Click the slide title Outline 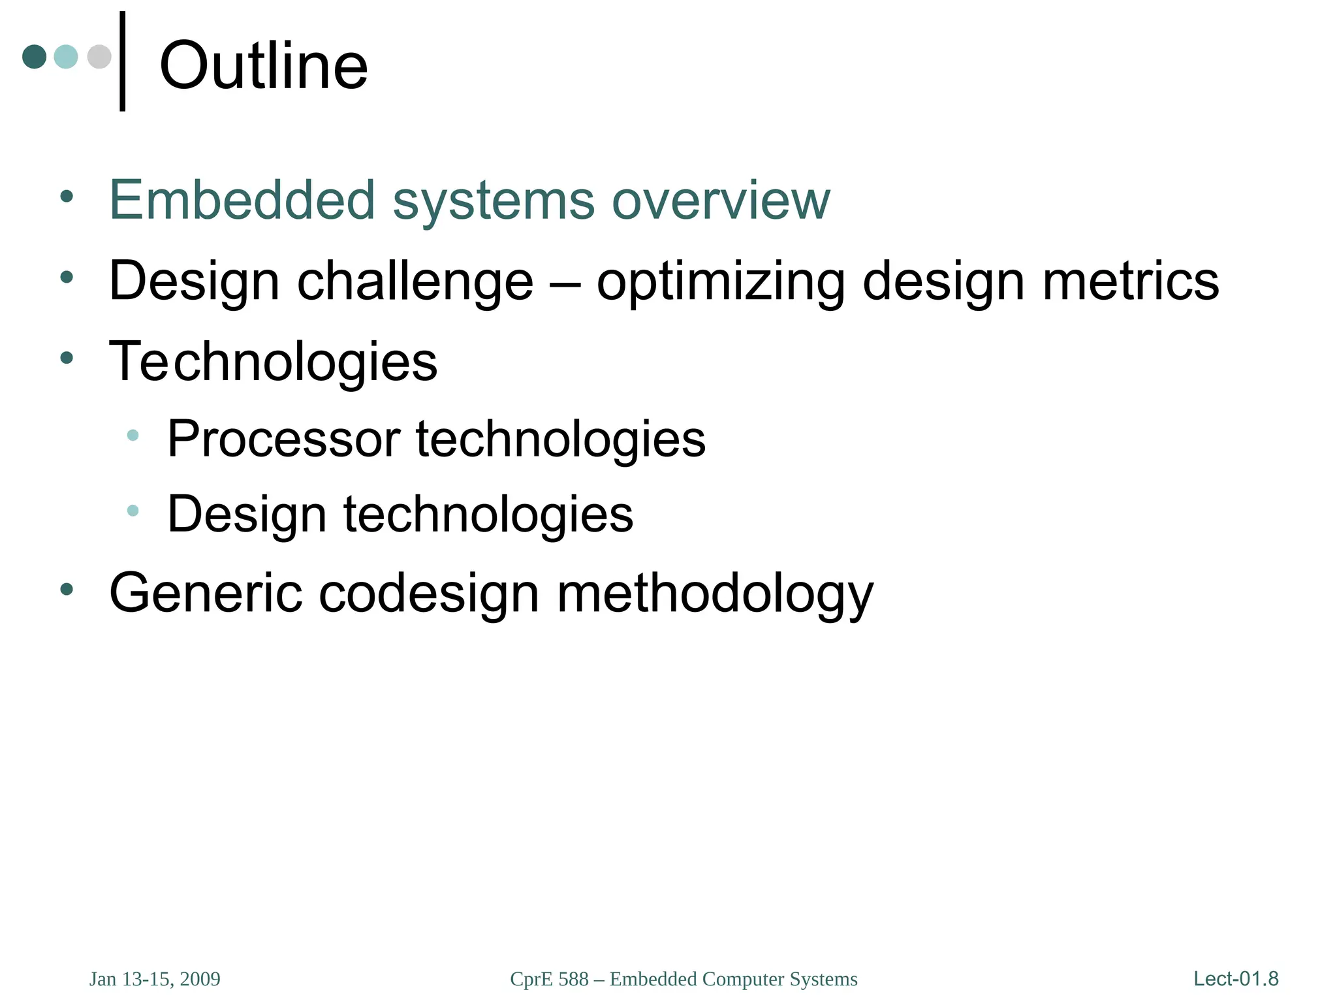click(x=264, y=66)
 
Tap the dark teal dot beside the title click(x=35, y=57)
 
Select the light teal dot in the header click(x=66, y=57)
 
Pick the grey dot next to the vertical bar click(x=99, y=57)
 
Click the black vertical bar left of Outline click(x=123, y=61)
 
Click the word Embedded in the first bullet click(x=242, y=200)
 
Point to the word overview click(x=721, y=200)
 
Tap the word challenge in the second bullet click(x=415, y=281)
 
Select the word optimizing click(x=721, y=281)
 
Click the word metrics click(x=1131, y=281)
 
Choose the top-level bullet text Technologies click(x=273, y=362)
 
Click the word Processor click(x=283, y=439)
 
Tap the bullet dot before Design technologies click(x=133, y=511)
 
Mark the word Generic click(x=206, y=593)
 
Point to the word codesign click(x=429, y=593)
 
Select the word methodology click(x=715, y=593)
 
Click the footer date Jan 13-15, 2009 click(x=155, y=979)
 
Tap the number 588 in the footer click(x=574, y=979)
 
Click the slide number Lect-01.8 click(x=1236, y=979)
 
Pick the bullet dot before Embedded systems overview click(x=67, y=196)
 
